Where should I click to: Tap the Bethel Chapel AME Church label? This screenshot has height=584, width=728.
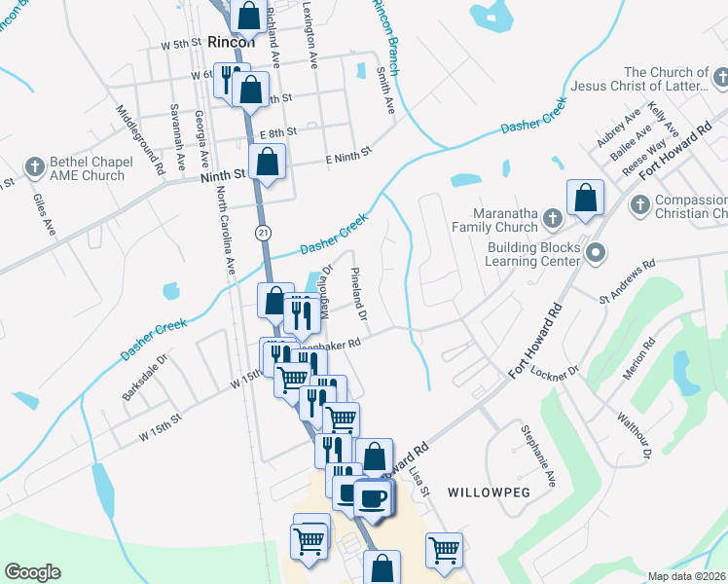83,168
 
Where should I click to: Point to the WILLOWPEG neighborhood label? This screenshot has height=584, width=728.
489,493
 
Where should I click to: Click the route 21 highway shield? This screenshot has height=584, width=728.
263,232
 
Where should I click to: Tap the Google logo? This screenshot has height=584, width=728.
32,572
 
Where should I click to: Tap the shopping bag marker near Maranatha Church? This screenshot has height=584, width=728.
587,199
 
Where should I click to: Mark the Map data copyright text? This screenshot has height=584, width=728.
687,576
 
